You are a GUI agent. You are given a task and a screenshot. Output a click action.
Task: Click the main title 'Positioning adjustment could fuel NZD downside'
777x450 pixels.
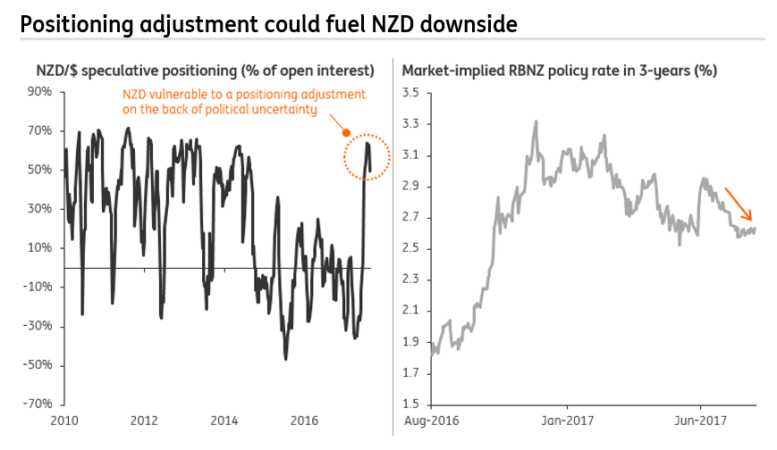point(268,24)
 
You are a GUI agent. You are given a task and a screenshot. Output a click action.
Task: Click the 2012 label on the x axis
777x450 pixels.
point(145,420)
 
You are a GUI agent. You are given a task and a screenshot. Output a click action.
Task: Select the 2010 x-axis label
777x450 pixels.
point(65,420)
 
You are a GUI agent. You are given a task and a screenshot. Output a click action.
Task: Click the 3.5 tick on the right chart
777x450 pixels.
point(410,93)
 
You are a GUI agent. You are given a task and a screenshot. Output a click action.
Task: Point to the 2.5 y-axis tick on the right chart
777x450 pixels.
point(410,248)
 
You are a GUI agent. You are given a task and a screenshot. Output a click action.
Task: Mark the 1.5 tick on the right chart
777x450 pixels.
point(410,404)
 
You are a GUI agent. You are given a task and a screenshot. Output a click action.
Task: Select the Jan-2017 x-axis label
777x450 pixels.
point(569,420)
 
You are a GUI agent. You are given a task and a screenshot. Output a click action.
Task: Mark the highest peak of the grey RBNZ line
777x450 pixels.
point(536,121)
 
